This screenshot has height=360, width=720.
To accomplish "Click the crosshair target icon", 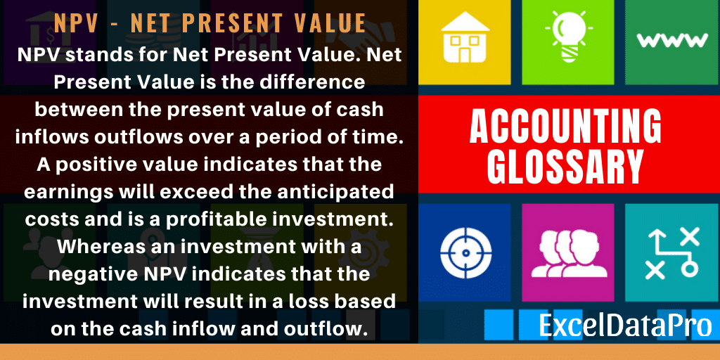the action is tap(465, 252).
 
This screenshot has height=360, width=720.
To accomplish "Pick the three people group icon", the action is tap(568, 253).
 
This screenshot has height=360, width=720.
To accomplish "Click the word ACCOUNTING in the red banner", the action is tap(565, 127).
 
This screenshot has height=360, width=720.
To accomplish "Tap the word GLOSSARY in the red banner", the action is tap(565, 166).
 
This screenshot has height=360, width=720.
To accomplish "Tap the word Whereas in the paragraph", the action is tap(94, 247).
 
